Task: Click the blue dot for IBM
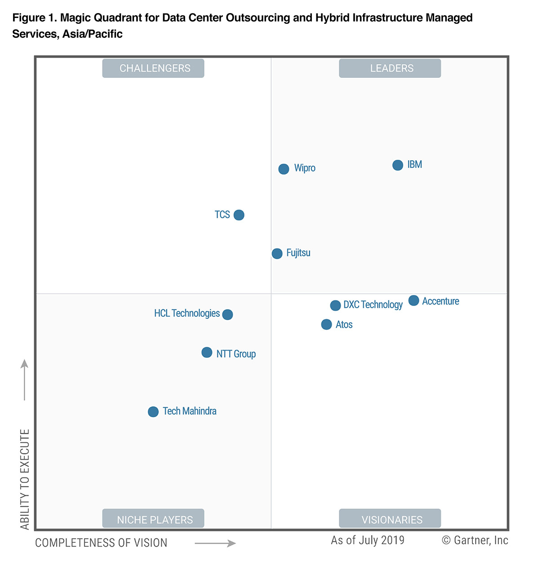pyautogui.click(x=398, y=165)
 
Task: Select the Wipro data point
pyautogui.click(x=284, y=169)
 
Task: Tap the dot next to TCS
pyautogui.click(x=239, y=215)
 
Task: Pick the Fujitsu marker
pyautogui.click(x=277, y=254)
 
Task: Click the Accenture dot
pyautogui.click(x=414, y=301)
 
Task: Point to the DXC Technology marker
pyautogui.click(x=335, y=306)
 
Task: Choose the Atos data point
pyautogui.click(x=327, y=324)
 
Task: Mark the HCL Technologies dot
pyautogui.click(x=228, y=315)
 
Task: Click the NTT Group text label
pyautogui.click(x=236, y=354)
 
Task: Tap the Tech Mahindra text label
pyautogui.click(x=189, y=411)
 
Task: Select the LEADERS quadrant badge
pyautogui.click(x=390, y=68)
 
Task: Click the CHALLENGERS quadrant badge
pyautogui.click(x=153, y=68)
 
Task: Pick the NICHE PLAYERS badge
pyautogui.click(x=153, y=519)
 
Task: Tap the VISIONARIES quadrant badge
pyautogui.click(x=390, y=519)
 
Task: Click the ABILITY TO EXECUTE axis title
pyautogui.click(x=25, y=479)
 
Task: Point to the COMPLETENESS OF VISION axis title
pyautogui.click(x=101, y=543)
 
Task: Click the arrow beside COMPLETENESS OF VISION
pyautogui.click(x=215, y=544)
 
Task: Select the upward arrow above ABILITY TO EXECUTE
pyautogui.click(x=25, y=379)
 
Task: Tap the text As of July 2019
pyautogui.click(x=368, y=540)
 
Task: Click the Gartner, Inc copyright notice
pyautogui.click(x=475, y=540)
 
